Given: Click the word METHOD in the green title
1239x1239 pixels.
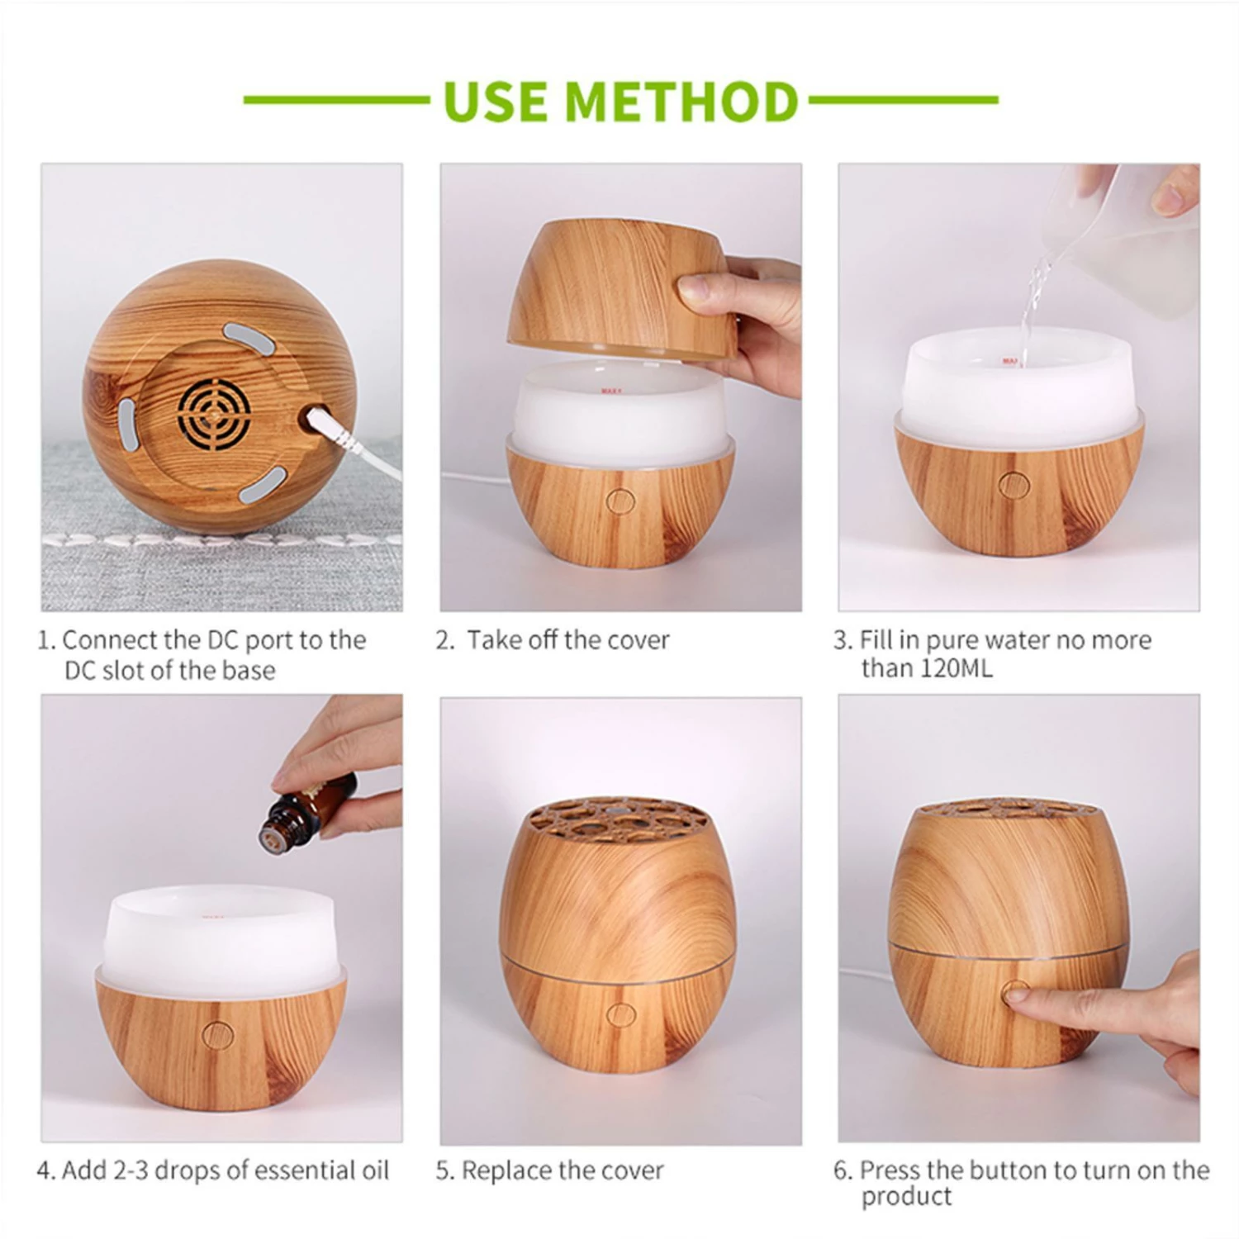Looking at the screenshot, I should pos(681,101).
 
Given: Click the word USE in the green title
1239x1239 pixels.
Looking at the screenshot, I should pos(496,101).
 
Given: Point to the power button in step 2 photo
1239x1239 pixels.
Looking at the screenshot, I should pos(619,500).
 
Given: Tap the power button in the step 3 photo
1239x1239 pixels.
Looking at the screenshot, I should pos(1010,485).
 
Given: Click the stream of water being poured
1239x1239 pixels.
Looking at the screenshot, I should pos(1028,314).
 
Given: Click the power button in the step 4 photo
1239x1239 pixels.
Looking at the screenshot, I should pos(218,1034).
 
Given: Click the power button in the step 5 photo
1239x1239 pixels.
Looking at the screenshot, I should pos(619,1014).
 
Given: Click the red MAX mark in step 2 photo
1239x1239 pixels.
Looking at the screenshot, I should pos(610,392).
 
